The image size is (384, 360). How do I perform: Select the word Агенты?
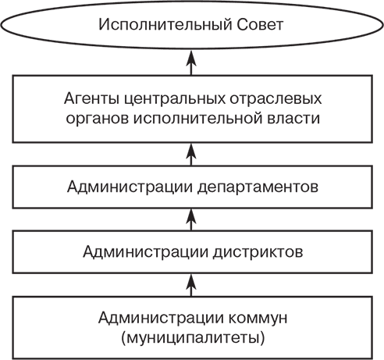pos(88,100)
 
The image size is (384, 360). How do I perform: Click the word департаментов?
pos(254,187)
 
